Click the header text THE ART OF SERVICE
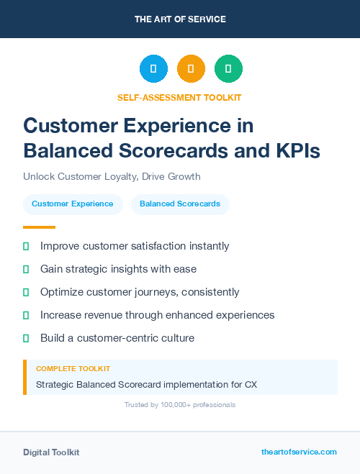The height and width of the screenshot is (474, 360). click(180, 19)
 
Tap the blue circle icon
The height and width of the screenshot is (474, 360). click(153, 69)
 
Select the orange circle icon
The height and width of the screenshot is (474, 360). click(191, 69)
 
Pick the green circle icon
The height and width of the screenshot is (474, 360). click(228, 69)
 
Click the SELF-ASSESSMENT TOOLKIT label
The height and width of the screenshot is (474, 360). click(179, 97)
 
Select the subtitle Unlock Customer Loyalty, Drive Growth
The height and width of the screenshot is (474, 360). click(112, 176)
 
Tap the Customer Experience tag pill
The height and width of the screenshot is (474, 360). click(72, 204)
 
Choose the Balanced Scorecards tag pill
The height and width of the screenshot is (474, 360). click(180, 204)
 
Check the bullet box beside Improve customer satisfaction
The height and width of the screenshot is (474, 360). click(26, 246)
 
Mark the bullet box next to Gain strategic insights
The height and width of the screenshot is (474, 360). click(26, 269)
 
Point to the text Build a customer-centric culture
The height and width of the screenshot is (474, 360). click(117, 338)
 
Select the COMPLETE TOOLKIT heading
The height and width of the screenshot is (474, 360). click(73, 368)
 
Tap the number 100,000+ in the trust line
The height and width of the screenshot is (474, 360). click(169, 405)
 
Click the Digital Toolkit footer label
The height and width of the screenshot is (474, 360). click(51, 452)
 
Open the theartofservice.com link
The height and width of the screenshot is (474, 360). click(299, 452)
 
